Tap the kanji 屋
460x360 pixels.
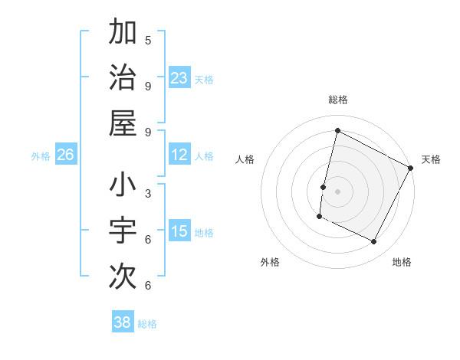(123, 122)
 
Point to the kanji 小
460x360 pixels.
(123, 185)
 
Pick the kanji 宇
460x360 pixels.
(123, 230)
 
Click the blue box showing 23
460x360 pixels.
(179, 77)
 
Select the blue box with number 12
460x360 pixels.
(179, 155)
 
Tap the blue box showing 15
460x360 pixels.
(179, 231)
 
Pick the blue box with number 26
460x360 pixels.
(65, 155)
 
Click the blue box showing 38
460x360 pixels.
(123, 322)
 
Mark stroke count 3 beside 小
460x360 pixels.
(148, 193)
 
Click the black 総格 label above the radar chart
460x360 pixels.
(337, 100)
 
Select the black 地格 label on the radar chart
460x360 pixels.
(402, 262)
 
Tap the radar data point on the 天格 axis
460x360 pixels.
(411, 168)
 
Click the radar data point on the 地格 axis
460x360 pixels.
(374, 242)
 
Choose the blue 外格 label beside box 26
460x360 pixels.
(41, 155)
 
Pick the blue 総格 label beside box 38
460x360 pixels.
(147, 324)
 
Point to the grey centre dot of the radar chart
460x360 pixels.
(337, 191)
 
